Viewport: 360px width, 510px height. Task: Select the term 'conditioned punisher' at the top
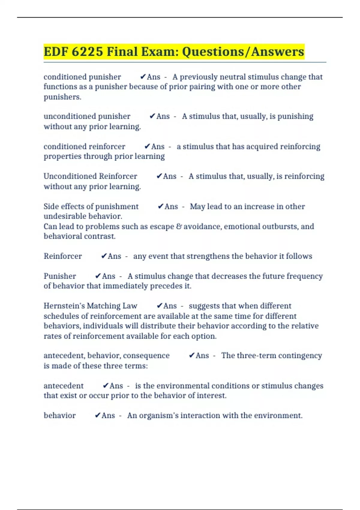[x=82, y=77]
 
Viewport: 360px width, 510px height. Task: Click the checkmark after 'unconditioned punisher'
[x=152, y=116]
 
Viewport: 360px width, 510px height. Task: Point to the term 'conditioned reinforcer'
[x=84, y=146]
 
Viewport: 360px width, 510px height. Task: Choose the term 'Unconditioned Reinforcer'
[x=90, y=176]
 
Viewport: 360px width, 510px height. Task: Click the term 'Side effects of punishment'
[x=91, y=206]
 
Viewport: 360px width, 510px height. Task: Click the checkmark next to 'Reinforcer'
[x=104, y=256]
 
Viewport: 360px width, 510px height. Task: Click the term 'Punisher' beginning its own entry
[x=60, y=276]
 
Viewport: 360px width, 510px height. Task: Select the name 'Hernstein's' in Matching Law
[x=64, y=306]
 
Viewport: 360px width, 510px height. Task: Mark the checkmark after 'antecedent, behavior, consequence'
[x=192, y=355]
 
